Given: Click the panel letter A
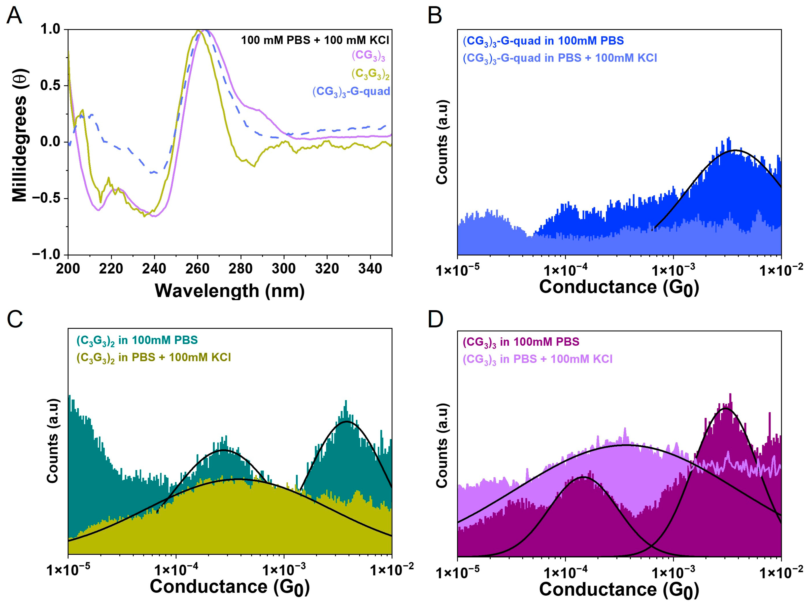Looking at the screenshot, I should (15, 16).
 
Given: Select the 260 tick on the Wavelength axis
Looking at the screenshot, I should (198, 269).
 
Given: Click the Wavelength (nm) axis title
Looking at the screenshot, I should (230, 291).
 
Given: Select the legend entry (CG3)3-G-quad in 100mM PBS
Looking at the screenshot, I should (543, 41).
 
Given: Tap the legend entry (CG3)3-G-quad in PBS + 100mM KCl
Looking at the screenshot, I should (560, 58).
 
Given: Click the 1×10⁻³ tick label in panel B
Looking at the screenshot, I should (673, 271).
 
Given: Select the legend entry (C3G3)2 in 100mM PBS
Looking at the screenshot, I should (137, 340).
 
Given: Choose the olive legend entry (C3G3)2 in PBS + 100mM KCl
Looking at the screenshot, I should (153, 358).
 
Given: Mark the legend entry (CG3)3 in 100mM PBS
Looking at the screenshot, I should (521, 342).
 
